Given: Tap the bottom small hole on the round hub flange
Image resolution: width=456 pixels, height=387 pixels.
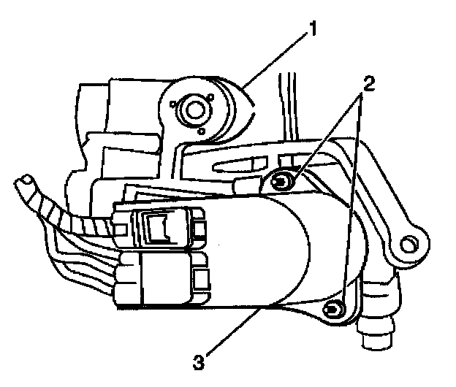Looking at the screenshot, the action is (x=202, y=131).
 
